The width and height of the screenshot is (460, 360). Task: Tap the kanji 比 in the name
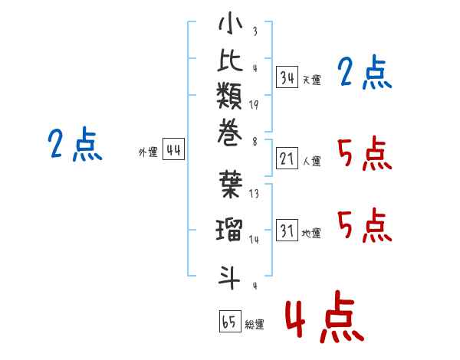coord(230,63)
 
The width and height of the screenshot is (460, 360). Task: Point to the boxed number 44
coord(173,149)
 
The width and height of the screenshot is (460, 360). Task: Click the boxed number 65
coord(229,322)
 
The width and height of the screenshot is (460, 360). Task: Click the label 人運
coord(311,162)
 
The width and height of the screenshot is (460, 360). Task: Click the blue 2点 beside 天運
coord(364,74)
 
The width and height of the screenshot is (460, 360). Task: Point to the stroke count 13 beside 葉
coord(254,195)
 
